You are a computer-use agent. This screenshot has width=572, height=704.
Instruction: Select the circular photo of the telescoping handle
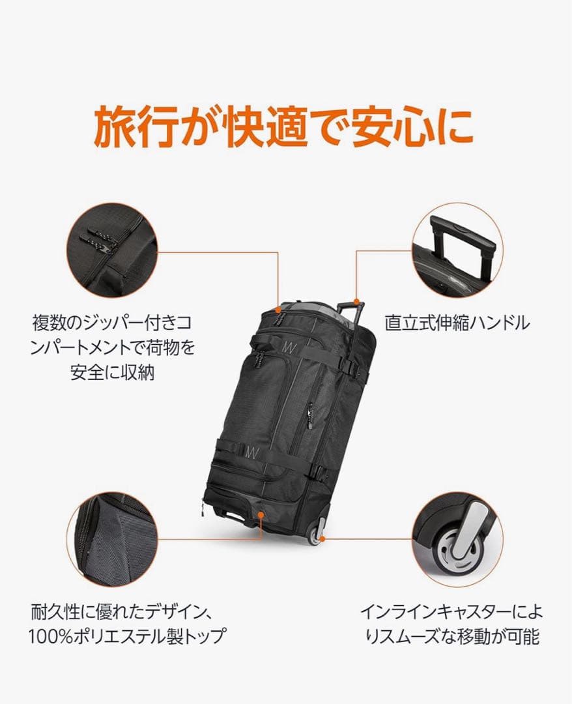coord(456,250)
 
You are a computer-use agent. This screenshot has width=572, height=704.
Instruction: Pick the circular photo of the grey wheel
coord(456,538)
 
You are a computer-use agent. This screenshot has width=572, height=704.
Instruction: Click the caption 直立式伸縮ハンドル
coord(457,323)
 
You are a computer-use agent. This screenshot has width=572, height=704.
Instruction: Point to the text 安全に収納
coord(112,373)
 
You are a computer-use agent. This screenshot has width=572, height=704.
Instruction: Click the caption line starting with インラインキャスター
coord(451,613)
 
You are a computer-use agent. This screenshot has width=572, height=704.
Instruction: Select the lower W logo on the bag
coord(252,451)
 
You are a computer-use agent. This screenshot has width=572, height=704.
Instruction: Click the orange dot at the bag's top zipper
coord(279,306)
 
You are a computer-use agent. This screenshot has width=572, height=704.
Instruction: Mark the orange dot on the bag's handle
coord(356,301)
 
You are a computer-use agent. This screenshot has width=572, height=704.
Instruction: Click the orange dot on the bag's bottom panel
coord(260,514)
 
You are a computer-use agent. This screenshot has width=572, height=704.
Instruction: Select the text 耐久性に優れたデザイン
coord(122,613)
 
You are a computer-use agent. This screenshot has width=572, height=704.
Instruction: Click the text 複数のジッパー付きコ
coord(112,323)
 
